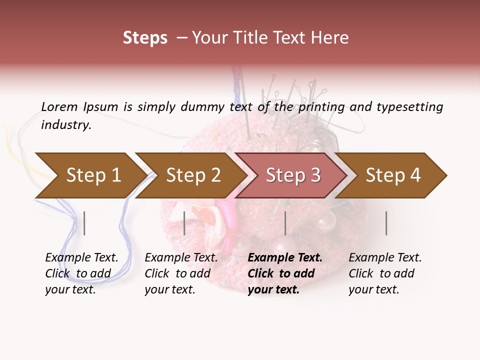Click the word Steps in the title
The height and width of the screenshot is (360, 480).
click(145, 38)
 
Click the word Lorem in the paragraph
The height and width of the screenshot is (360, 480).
click(59, 107)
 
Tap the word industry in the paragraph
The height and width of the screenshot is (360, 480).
click(66, 125)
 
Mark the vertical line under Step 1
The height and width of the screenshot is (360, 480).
click(84, 223)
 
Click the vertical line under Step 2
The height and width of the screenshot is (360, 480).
click(184, 223)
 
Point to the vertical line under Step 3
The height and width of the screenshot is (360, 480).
click(285, 223)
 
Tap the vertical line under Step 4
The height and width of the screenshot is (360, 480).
click(386, 223)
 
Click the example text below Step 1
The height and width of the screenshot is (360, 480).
click(81, 273)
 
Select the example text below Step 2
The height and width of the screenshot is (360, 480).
click(181, 273)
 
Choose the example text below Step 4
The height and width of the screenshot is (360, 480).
click(385, 273)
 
